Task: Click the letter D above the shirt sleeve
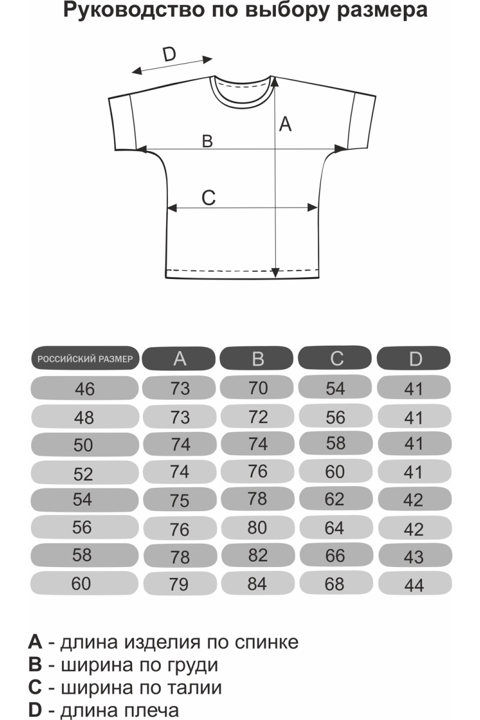coord(169,55)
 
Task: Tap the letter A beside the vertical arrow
coord(286,124)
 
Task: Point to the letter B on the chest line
coord(207,141)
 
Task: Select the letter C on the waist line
coord(208,197)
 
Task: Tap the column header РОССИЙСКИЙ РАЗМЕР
coord(85,359)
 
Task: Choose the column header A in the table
coord(180,359)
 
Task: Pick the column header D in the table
coord(415,359)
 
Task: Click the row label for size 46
coord(85,389)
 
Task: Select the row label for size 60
coord(81,583)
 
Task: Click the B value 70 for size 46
coord(257,388)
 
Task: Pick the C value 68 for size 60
coord(335,583)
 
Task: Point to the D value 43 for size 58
coord(414,557)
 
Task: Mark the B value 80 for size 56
coord(257,528)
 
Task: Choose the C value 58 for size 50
coord(335,443)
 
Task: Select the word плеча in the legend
coord(151,710)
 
